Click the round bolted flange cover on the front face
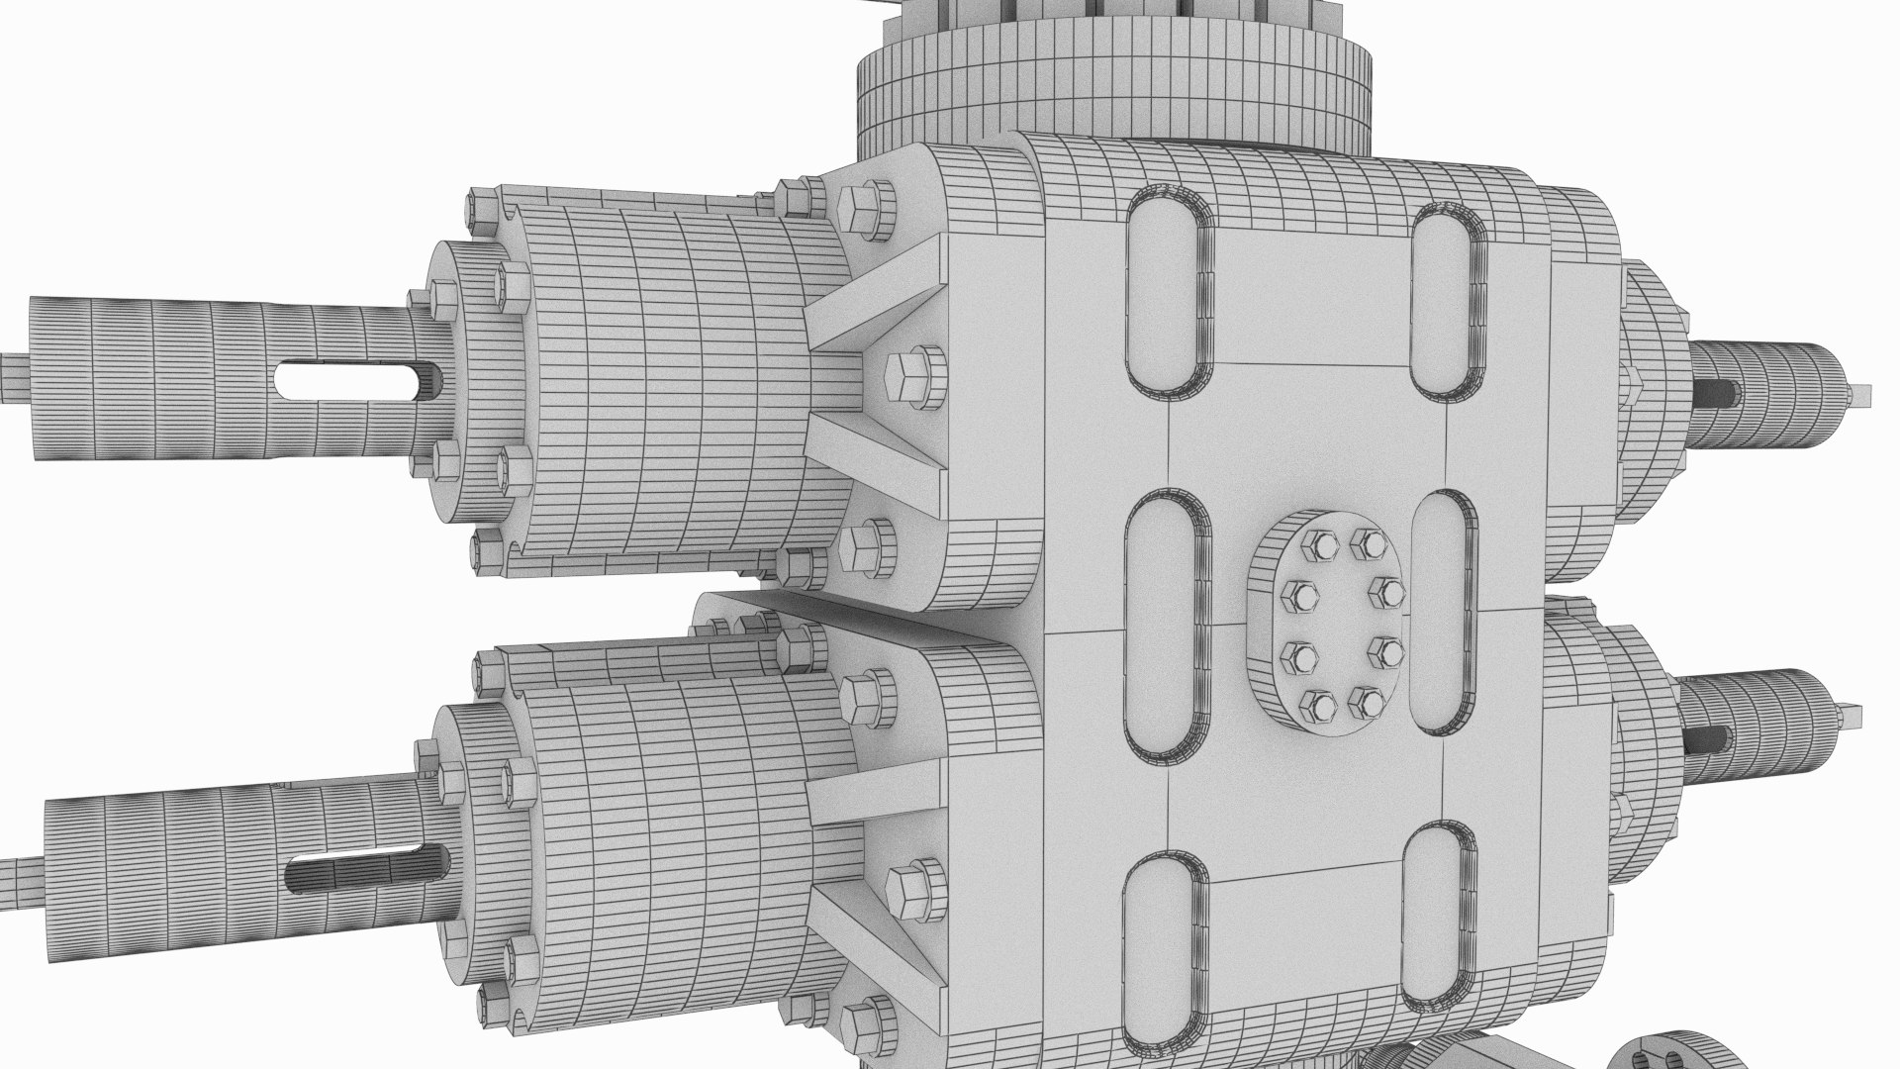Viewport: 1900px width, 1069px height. pyautogui.click(x=1338, y=624)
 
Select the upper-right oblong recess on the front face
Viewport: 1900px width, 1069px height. pyautogui.click(x=1447, y=303)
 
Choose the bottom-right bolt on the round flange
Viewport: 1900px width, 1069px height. pyautogui.click(x=1367, y=703)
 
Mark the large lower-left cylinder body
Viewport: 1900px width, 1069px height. pyautogui.click(x=683, y=851)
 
